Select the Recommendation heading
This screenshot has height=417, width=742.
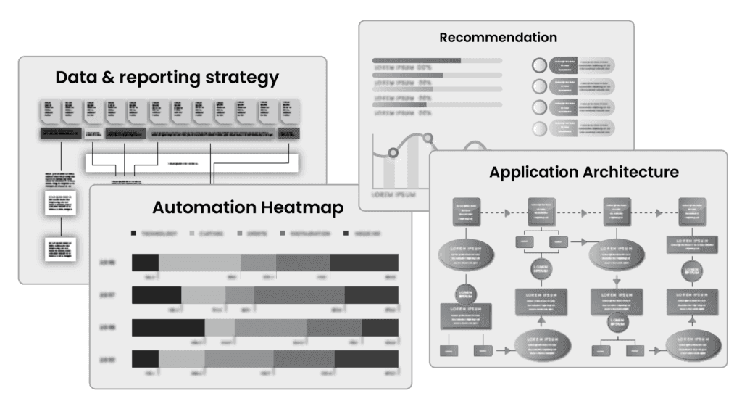[x=498, y=37]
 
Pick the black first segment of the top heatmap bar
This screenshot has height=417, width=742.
[x=145, y=263]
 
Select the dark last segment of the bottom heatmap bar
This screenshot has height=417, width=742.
[x=366, y=359]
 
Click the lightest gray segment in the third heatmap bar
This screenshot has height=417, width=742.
[x=220, y=327]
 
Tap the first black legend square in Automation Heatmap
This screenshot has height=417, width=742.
[x=133, y=234]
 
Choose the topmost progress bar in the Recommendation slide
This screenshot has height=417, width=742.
[x=437, y=61]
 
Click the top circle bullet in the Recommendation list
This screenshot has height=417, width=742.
[x=539, y=65]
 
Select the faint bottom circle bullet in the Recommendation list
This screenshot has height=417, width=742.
[x=539, y=129]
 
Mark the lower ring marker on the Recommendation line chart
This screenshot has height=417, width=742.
[x=393, y=152]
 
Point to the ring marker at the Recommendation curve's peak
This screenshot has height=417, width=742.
[x=428, y=136]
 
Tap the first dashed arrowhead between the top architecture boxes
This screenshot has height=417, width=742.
[x=507, y=212]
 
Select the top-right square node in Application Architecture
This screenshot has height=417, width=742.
[x=692, y=211]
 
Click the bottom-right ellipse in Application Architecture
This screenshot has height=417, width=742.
[x=692, y=346]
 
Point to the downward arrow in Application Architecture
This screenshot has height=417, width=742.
[x=617, y=278]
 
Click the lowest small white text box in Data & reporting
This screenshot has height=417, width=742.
[x=60, y=248]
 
